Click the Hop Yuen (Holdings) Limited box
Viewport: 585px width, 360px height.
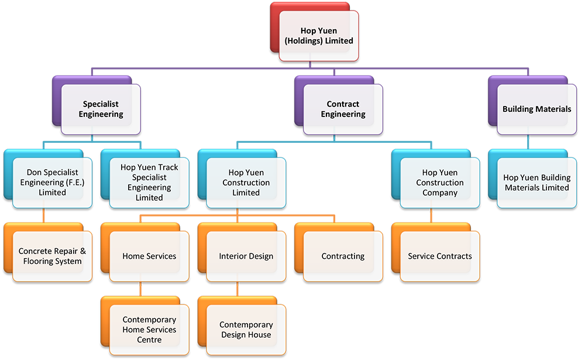318,36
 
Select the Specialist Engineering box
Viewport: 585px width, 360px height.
101,109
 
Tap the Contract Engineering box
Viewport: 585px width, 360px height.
343,109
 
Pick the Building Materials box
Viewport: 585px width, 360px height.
536,109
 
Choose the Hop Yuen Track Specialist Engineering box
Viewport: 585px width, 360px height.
149,182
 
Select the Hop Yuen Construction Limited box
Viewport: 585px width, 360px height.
246,182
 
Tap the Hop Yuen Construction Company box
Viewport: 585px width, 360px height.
439,182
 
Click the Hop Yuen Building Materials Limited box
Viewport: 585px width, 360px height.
536,182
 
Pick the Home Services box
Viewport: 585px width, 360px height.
149,256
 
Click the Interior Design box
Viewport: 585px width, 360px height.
246,256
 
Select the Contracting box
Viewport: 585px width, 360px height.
343,256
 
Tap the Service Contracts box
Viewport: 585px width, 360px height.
439,256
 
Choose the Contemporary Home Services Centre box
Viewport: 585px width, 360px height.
149,329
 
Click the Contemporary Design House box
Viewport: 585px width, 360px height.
246,329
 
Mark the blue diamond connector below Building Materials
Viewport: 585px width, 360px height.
528,143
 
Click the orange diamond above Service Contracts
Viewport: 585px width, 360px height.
431,217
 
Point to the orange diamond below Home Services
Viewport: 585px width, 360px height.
140,290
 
